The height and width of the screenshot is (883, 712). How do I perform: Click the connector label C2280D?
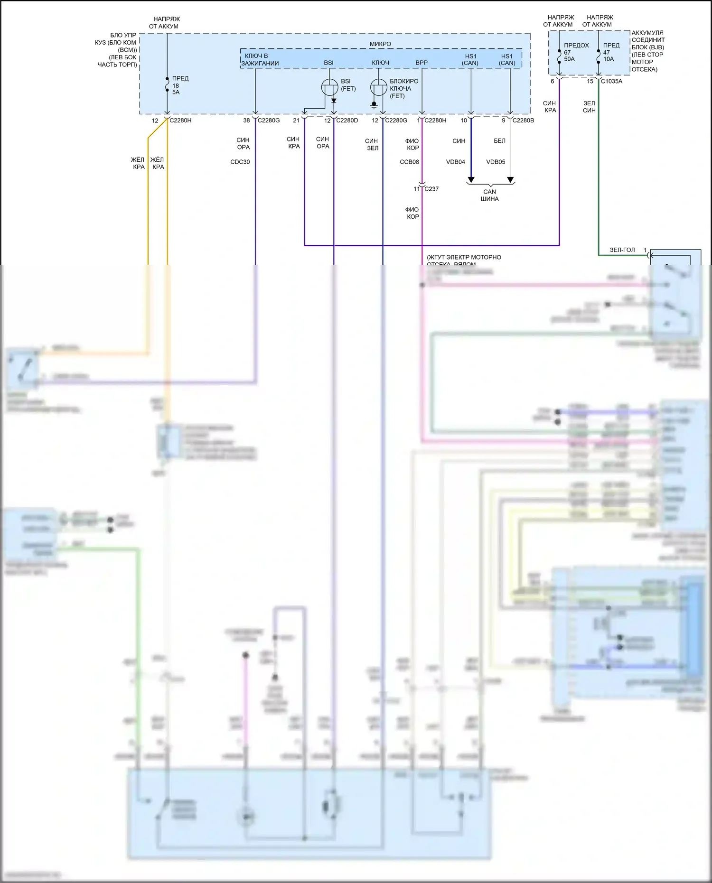tap(347, 121)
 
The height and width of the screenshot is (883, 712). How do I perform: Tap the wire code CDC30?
tap(240, 162)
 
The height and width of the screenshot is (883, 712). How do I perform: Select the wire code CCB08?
tap(409, 162)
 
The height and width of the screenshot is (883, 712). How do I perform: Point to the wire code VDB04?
tap(456, 162)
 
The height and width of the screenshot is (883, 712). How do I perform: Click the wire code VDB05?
tap(496, 162)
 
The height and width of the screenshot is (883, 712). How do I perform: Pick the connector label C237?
tap(431, 189)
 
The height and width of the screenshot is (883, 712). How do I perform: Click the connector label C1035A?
tap(611, 81)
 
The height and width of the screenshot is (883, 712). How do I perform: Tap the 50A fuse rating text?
tap(569, 59)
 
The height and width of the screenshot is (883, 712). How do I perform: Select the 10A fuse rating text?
tap(609, 59)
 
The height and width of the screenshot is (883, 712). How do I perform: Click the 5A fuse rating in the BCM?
tap(176, 93)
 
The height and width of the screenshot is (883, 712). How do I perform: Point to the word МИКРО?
tap(380, 44)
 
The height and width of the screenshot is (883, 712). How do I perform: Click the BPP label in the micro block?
tap(422, 63)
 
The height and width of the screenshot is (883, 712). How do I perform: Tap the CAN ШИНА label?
tap(489, 195)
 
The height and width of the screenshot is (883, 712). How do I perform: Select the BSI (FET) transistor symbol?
tap(329, 87)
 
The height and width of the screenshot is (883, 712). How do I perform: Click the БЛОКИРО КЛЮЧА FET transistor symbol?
tap(378, 88)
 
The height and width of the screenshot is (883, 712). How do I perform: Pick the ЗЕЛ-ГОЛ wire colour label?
tap(622, 250)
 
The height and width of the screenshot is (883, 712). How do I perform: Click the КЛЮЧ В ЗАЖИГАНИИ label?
tap(260, 60)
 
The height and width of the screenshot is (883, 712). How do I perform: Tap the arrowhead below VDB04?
tap(471, 180)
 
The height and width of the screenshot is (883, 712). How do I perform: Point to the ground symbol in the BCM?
tap(374, 106)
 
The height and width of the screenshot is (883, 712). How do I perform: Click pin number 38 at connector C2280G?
tap(246, 121)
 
